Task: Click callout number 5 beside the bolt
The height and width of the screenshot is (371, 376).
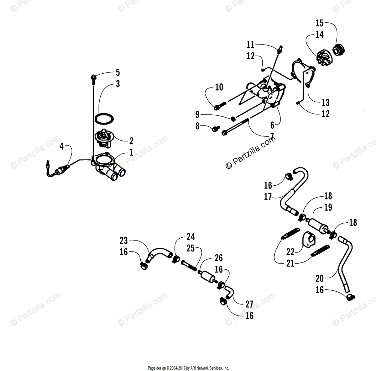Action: (118, 72)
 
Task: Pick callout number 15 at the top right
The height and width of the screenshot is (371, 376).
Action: (319, 23)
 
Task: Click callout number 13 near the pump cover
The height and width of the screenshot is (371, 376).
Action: (326, 102)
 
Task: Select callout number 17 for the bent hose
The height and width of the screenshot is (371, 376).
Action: (268, 197)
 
